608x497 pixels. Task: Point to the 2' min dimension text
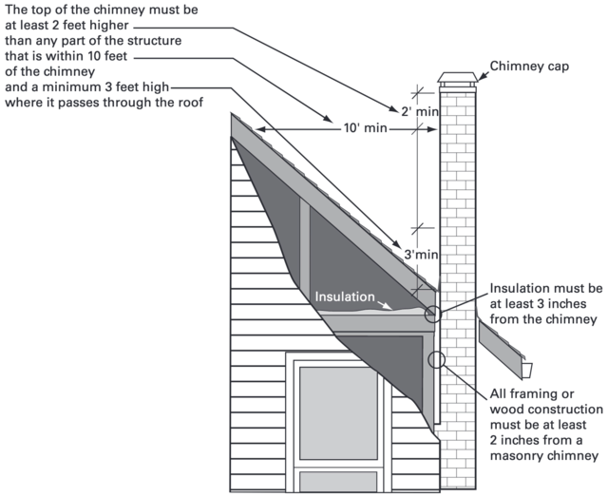click(420, 112)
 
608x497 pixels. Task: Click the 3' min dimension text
click(420, 254)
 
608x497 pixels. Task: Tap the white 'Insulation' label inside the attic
click(346, 296)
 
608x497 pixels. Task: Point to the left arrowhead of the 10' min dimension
click(255, 126)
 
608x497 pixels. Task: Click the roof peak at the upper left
click(234, 115)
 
